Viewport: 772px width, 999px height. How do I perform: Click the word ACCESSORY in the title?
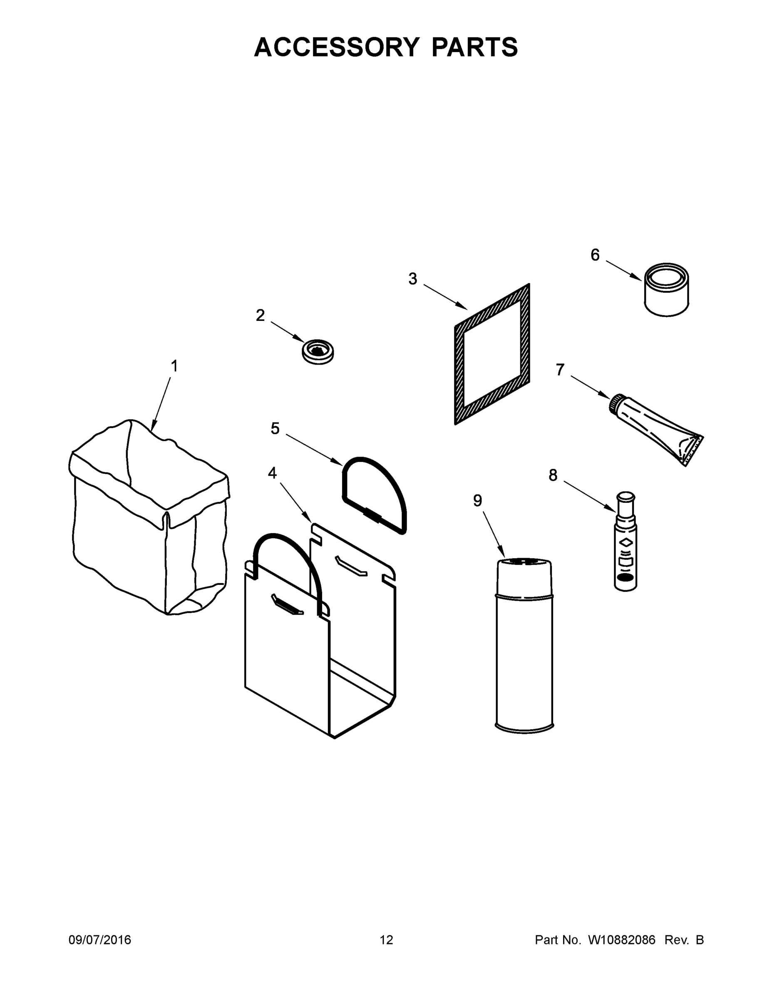tap(336, 47)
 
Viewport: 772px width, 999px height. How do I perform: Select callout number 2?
tap(260, 315)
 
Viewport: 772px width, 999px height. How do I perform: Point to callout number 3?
tap(412, 278)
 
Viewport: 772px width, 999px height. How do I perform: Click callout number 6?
tap(595, 255)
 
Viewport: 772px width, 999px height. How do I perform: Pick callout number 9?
tap(477, 501)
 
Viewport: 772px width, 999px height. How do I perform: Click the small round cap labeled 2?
tap(318, 352)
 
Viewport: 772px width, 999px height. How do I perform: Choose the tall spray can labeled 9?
tap(524, 645)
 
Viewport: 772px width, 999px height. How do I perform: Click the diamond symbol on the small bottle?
tap(626, 542)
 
